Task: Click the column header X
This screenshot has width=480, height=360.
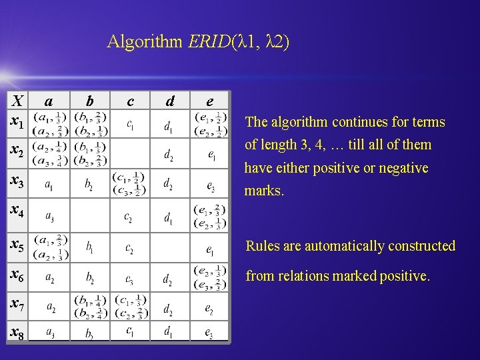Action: pos(19,101)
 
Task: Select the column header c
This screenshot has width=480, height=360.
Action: pos(130,101)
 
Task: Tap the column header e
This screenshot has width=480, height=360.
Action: pos(209,101)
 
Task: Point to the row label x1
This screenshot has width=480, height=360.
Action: pos(18,124)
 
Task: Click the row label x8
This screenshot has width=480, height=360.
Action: pos(18,331)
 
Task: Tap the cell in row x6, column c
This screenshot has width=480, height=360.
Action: pos(130,277)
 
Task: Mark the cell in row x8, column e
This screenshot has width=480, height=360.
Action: pos(209,331)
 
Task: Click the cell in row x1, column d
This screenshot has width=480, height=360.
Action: pos(170,125)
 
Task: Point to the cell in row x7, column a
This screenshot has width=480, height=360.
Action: pos(49,307)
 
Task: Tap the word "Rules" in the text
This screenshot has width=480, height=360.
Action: pos(263,246)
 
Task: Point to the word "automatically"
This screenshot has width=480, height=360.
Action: pos(337,246)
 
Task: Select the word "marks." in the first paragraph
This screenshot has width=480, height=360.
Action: pos(265,191)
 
